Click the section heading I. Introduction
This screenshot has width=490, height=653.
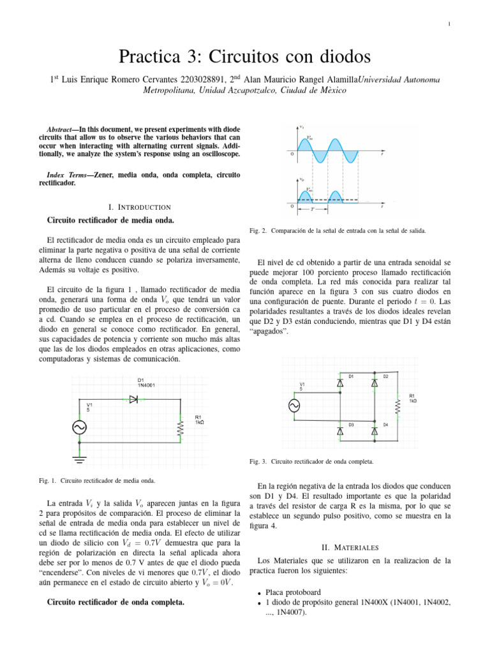pyautogui.click(x=140, y=207)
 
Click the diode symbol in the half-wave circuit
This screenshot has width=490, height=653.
pyautogui.click(x=133, y=399)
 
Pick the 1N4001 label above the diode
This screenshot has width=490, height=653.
pyautogui.click(x=145, y=385)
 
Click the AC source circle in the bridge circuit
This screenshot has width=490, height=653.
pyautogui.click(x=295, y=406)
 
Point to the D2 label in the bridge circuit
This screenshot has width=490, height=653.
pyautogui.click(x=385, y=376)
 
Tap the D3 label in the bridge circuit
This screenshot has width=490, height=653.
pyautogui.click(x=351, y=423)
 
